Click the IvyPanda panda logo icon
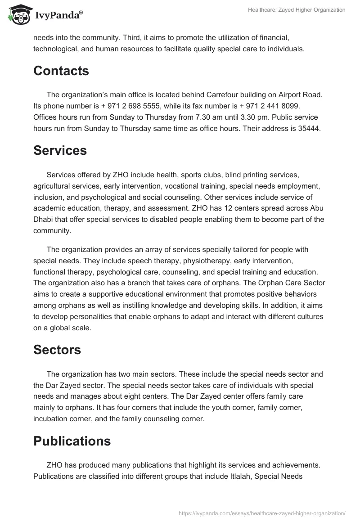18,15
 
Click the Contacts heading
61,71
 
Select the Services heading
60,150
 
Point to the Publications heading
72,441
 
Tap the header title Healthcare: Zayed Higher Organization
297,10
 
